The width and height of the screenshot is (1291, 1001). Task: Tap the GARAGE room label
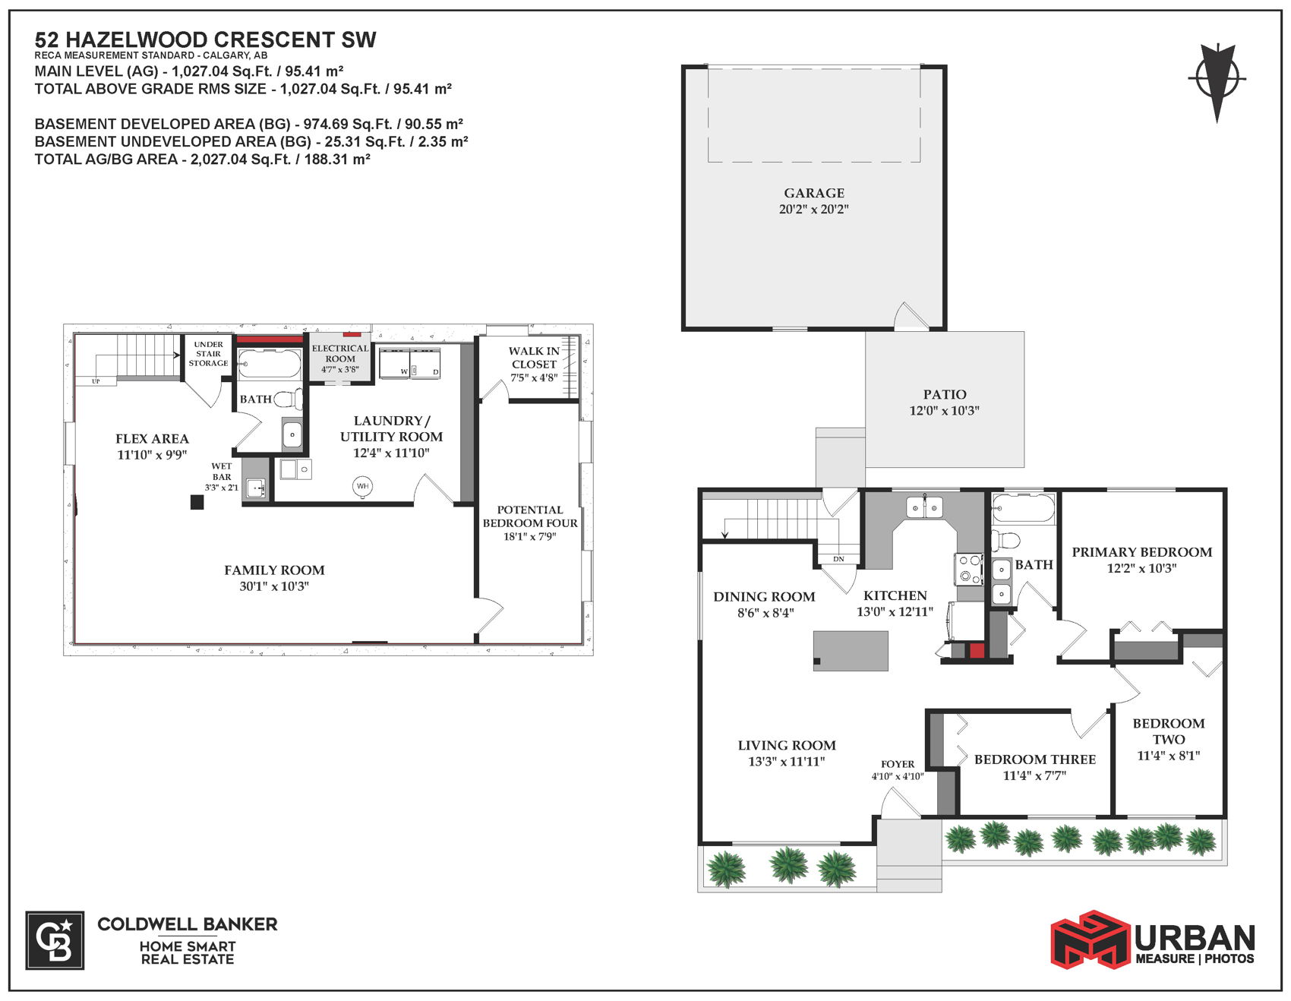pyautogui.click(x=814, y=193)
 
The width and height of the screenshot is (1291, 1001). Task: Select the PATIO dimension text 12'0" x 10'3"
pyautogui.click(x=945, y=411)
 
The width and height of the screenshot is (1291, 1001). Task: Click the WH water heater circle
pyautogui.click(x=363, y=486)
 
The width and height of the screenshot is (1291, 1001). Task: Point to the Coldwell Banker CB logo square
pyautogui.click(x=55, y=940)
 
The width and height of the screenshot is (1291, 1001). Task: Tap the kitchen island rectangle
pyautogui.click(x=851, y=651)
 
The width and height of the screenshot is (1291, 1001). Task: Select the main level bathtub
pyautogui.click(x=1023, y=508)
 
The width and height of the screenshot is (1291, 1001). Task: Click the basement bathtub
pyautogui.click(x=269, y=364)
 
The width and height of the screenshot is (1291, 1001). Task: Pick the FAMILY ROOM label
pyautogui.click(x=274, y=570)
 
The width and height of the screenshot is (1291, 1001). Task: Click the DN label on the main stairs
pyautogui.click(x=838, y=559)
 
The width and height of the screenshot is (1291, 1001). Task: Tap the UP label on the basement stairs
pyautogui.click(x=96, y=381)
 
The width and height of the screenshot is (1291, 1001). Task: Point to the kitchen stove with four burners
pyautogui.click(x=969, y=569)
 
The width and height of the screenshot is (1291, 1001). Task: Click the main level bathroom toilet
pyautogui.click(x=1005, y=541)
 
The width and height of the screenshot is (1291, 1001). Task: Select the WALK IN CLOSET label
pyautogui.click(x=534, y=358)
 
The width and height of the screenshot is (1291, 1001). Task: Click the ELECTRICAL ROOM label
pyautogui.click(x=340, y=353)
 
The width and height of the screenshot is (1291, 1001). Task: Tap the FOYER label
pyautogui.click(x=898, y=764)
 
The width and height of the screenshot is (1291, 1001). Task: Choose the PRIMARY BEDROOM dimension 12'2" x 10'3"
pyautogui.click(x=1142, y=568)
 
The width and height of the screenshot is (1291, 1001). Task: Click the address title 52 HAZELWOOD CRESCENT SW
pyautogui.click(x=206, y=39)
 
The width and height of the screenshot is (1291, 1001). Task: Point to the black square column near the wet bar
pyautogui.click(x=197, y=502)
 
